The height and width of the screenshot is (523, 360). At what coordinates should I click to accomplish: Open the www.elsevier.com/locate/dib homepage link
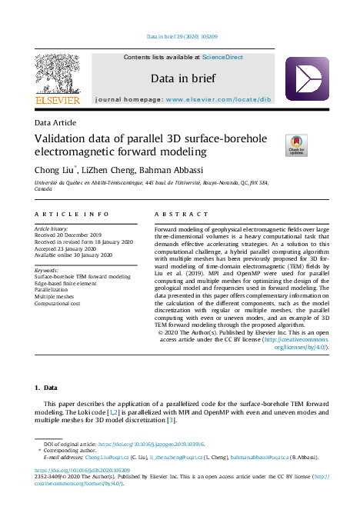(228, 100)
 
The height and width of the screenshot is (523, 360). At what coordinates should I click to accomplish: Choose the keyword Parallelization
(54, 290)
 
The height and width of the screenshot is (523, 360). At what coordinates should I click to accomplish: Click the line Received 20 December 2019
(68, 235)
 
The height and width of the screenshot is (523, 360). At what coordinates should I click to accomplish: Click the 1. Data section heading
(45, 389)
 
